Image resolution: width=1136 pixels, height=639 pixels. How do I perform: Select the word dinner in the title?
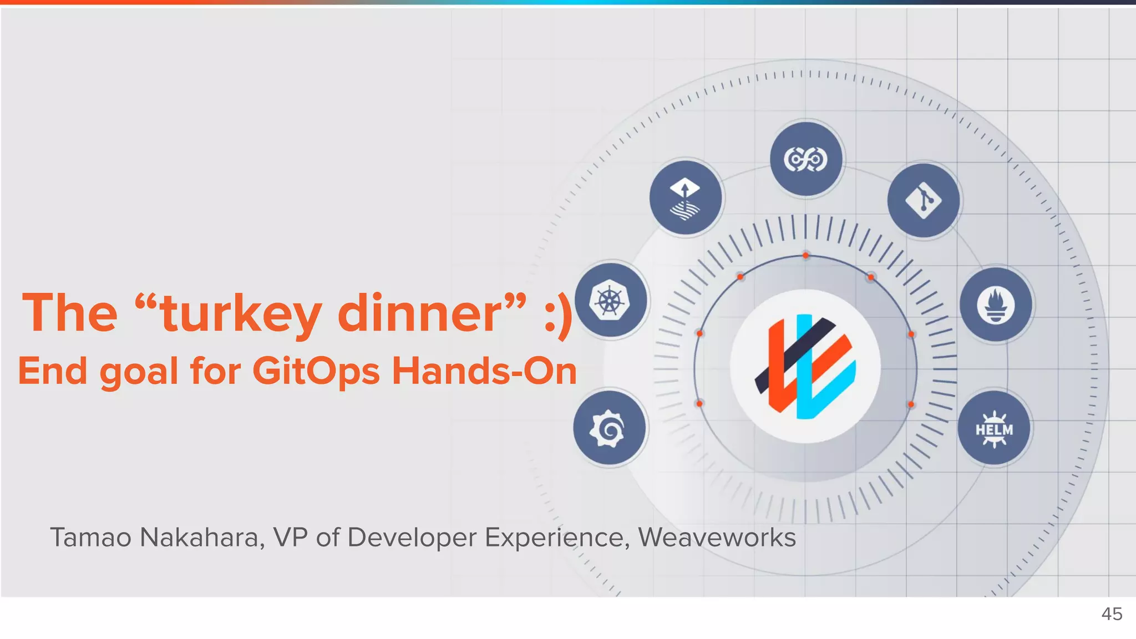point(419,314)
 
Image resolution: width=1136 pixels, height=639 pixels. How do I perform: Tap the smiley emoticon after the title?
point(558,315)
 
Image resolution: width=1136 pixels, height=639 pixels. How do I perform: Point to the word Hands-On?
point(484,371)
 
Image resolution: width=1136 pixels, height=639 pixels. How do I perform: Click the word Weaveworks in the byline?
point(717,537)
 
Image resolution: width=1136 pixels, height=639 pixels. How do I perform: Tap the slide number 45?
point(1112,614)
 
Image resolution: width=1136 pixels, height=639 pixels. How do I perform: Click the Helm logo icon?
point(994,429)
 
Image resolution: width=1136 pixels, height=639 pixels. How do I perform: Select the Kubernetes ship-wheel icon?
point(610,301)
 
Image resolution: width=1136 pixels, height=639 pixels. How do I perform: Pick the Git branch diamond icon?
point(924,200)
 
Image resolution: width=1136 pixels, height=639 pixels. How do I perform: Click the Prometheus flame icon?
point(996,305)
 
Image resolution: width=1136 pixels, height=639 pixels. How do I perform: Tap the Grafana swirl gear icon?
point(609,428)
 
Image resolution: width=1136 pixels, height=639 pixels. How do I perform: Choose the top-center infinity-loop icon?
point(806,160)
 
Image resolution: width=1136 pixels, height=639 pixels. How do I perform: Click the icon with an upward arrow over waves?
point(686,198)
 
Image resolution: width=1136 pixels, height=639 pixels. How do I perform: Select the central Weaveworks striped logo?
point(805,366)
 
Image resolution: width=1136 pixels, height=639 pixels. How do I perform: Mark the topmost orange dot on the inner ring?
point(805,256)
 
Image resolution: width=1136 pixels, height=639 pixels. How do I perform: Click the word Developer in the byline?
point(411,537)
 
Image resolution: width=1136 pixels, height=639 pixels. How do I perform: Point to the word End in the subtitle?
point(52,371)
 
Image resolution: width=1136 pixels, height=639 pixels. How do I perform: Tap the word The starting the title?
point(70,314)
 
